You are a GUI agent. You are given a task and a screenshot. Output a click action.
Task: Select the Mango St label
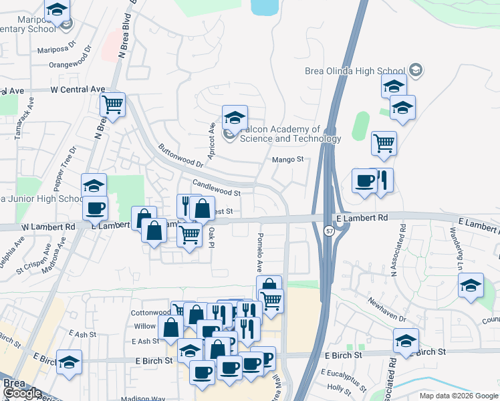coord(288,160)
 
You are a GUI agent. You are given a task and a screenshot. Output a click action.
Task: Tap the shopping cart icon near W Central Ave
coord(113,104)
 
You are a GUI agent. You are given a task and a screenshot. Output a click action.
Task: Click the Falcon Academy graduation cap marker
coord(235,118)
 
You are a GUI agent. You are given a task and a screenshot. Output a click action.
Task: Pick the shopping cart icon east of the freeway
coord(384,142)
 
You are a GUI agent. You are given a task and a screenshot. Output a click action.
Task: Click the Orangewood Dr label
coord(70,65)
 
